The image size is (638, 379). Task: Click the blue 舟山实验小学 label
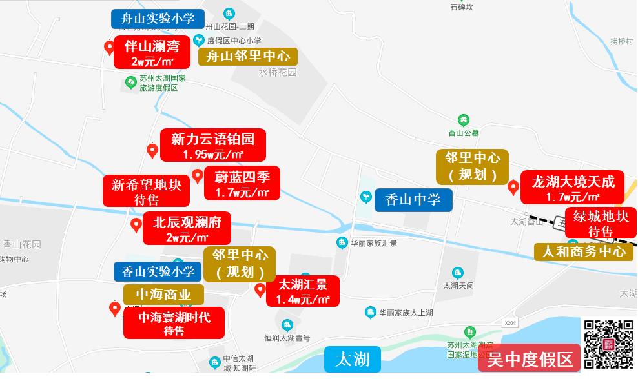(x=158, y=18)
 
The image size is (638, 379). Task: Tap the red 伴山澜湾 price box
(x=152, y=52)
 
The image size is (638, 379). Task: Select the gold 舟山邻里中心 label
(x=248, y=57)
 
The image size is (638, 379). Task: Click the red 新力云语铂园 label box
(x=212, y=146)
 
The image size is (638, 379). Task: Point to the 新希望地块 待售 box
(x=147, y=191)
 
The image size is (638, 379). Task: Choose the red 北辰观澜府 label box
(x=187, y=229)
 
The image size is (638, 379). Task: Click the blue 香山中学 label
(x=413, y=200)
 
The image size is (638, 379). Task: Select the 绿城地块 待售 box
(x=601, y=223)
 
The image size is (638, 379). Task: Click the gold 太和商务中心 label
(x=584, y=251)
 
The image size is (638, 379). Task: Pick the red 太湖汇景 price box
(x=302, y=292)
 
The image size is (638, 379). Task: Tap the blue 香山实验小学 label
(x=158, y=271)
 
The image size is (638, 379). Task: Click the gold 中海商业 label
(x=163, y=295)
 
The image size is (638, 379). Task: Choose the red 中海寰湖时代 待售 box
(x=174, y=323)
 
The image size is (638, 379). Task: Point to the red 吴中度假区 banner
(x=530, y=359)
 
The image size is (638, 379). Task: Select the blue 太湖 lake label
(x=353, y=359)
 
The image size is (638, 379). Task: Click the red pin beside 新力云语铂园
(x=152, y=151)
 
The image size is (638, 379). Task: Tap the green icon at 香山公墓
(x=463, y=119)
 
